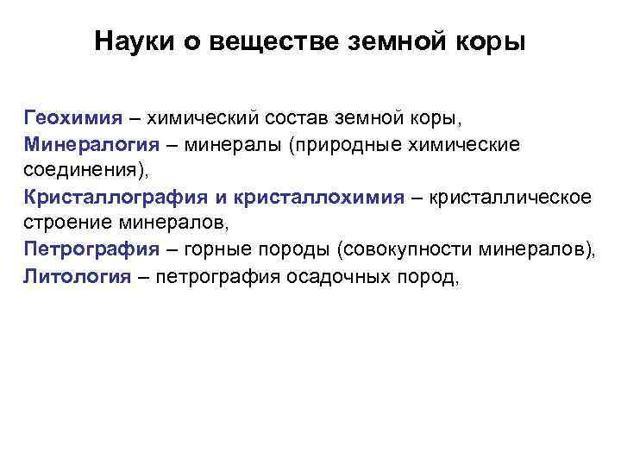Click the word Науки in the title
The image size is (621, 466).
click(x=129, y=41)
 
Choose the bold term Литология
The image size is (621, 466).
click(x=78, y=277)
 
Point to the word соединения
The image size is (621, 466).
click(x=73, y=170)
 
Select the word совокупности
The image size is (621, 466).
click(x=398, y=250)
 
